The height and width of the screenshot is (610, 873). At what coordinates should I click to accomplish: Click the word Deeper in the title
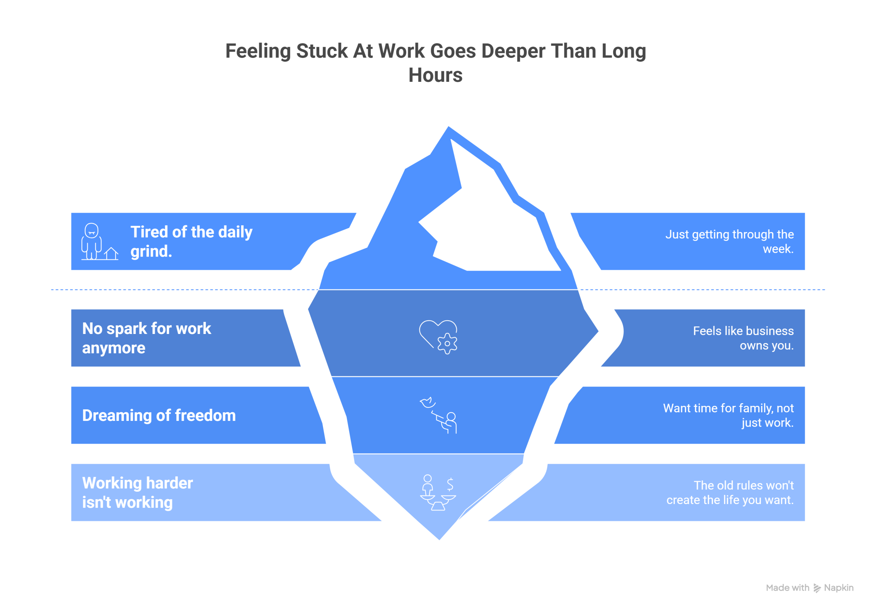[513, 51]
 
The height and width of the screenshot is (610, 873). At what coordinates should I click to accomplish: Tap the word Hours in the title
[435, 75]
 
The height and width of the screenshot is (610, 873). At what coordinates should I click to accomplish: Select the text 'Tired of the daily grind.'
[191, 242]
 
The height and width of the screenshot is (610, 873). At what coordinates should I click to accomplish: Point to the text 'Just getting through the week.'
[729, 242]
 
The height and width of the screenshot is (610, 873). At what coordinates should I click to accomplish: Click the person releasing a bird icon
[439, 415]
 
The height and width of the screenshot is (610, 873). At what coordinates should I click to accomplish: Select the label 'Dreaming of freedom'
[159, 415]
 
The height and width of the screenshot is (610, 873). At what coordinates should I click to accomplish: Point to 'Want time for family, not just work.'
[728, 415]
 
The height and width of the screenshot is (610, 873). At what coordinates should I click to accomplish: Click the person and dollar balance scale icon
[438, 492]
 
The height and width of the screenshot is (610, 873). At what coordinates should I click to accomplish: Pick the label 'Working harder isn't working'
[138, 492]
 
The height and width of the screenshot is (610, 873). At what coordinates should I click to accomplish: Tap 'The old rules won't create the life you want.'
[730, 492]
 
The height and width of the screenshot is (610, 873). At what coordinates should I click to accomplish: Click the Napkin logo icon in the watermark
[817, 588]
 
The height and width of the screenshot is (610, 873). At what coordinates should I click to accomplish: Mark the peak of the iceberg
[449, 126]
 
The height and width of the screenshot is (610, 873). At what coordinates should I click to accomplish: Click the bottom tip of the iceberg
[440, 539]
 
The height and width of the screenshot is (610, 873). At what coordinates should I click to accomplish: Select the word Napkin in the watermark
[839, 588]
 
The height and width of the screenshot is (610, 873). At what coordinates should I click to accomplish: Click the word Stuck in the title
[322, 51]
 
